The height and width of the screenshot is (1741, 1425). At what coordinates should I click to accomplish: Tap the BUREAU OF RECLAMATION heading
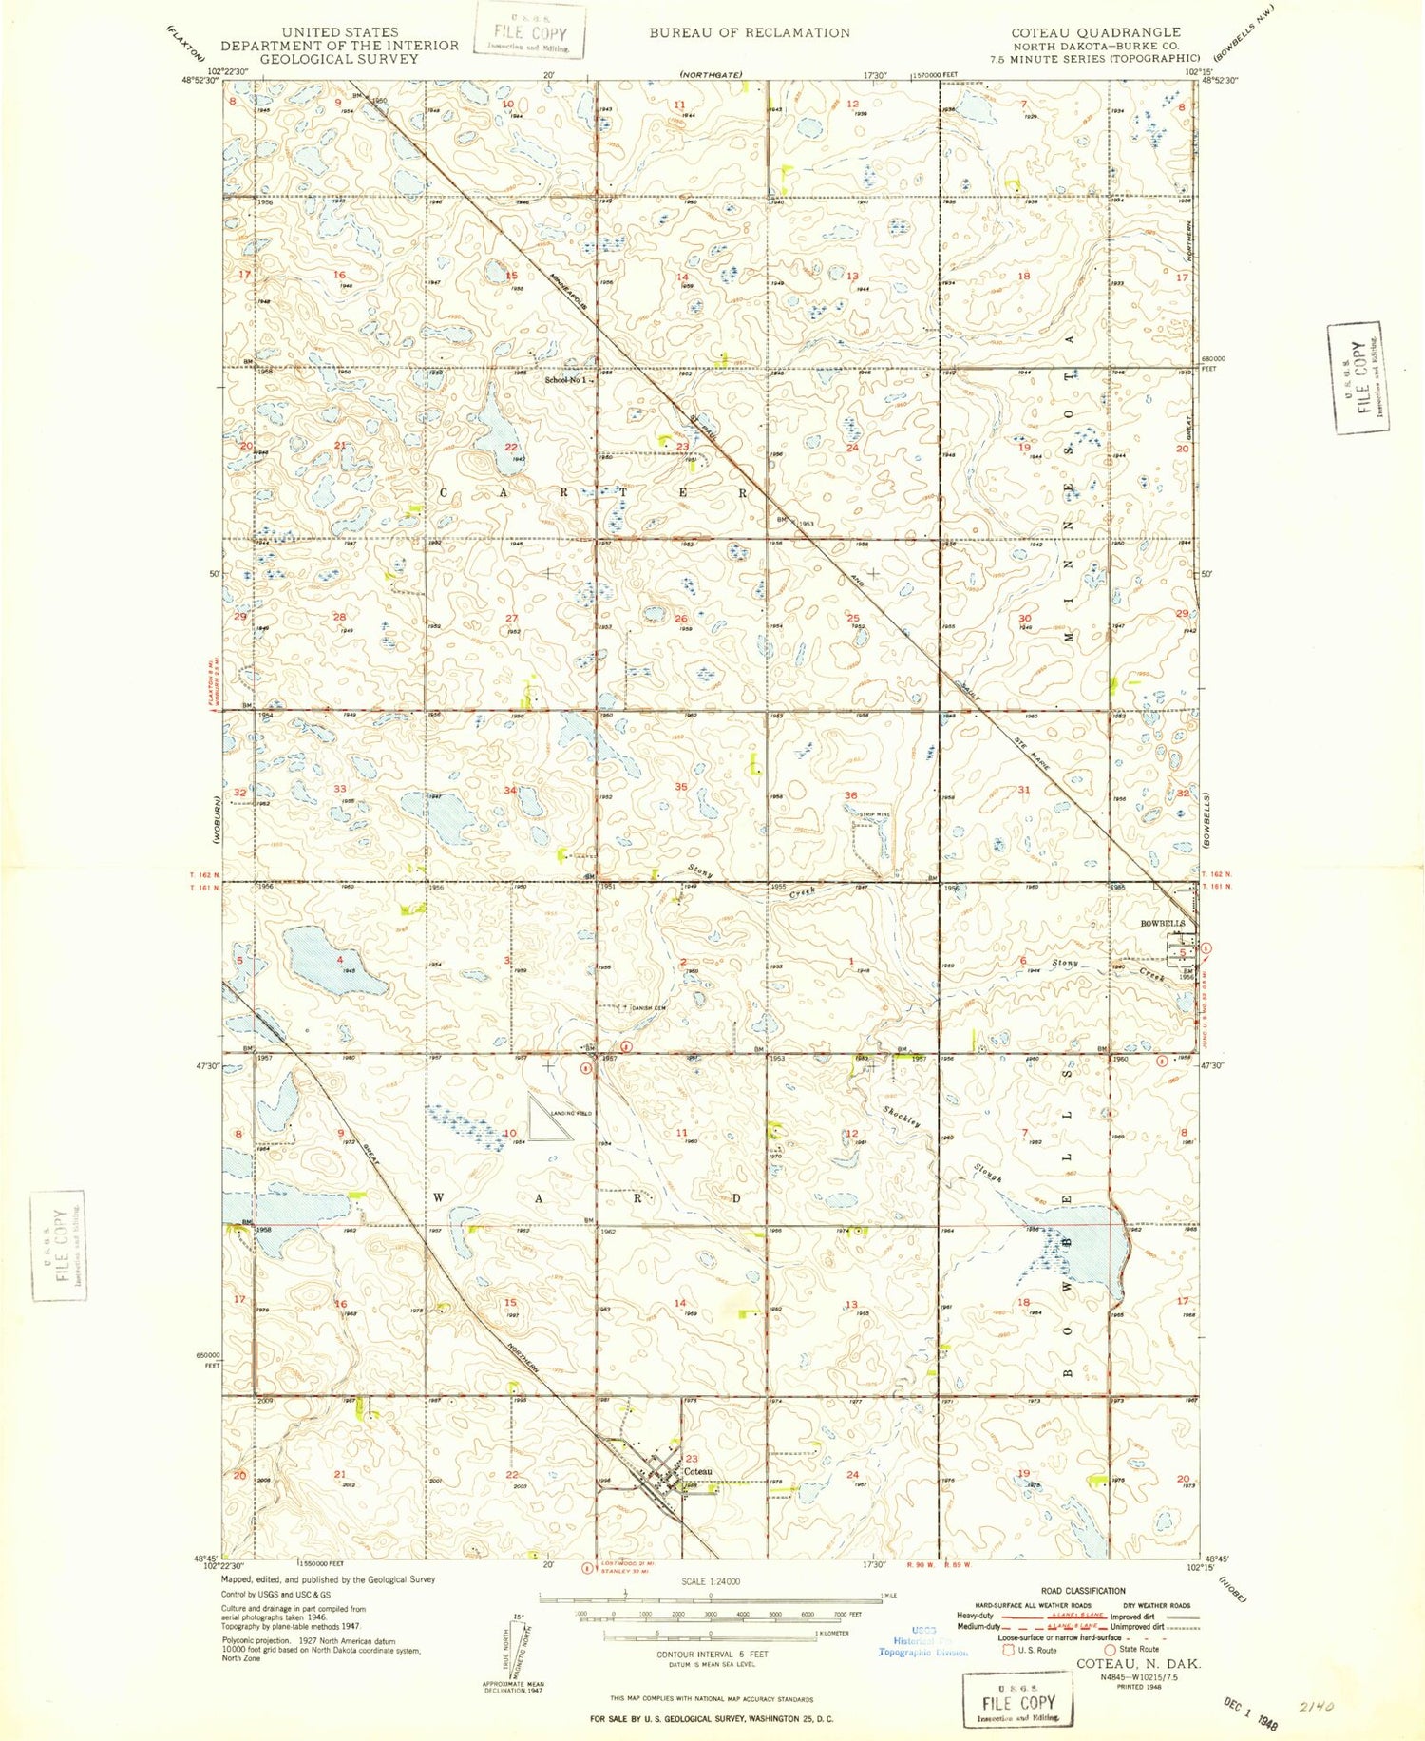(x=750, y=32)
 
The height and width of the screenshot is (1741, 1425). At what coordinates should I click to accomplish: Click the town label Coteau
(x=697, y=1471)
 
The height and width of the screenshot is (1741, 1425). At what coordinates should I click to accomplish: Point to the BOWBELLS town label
(x=1163, y=924)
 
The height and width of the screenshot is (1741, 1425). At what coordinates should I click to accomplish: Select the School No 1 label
(x=566, y=380)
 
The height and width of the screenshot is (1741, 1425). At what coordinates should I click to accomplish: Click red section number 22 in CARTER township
(x=511, y=447)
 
